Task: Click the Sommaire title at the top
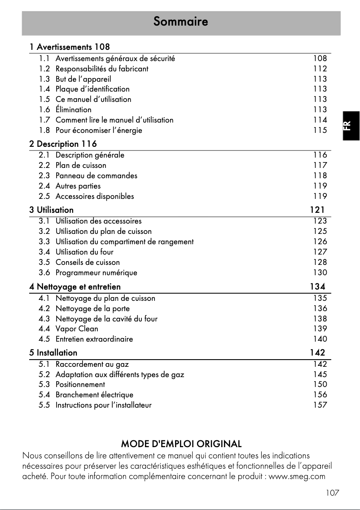pos(180,22)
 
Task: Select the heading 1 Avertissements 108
pos(70,47)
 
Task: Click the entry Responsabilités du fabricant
pos(102,69)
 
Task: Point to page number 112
pos(320,69)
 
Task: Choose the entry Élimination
pos(73,110)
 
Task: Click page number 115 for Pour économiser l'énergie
pos(320,130)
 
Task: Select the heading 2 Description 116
pos(63,144)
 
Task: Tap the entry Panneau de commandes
pos(97,176)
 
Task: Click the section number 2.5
pos(44,196)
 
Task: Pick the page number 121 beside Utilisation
pos(317,210)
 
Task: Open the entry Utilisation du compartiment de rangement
pos(124,242)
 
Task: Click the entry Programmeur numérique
pos(97,273)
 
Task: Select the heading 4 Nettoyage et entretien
pos(75,286)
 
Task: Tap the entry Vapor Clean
pos(77,329)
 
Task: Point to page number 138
pos(320,319)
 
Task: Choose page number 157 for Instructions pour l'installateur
pos(320,405)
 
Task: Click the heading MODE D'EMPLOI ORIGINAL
pos(181,444)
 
